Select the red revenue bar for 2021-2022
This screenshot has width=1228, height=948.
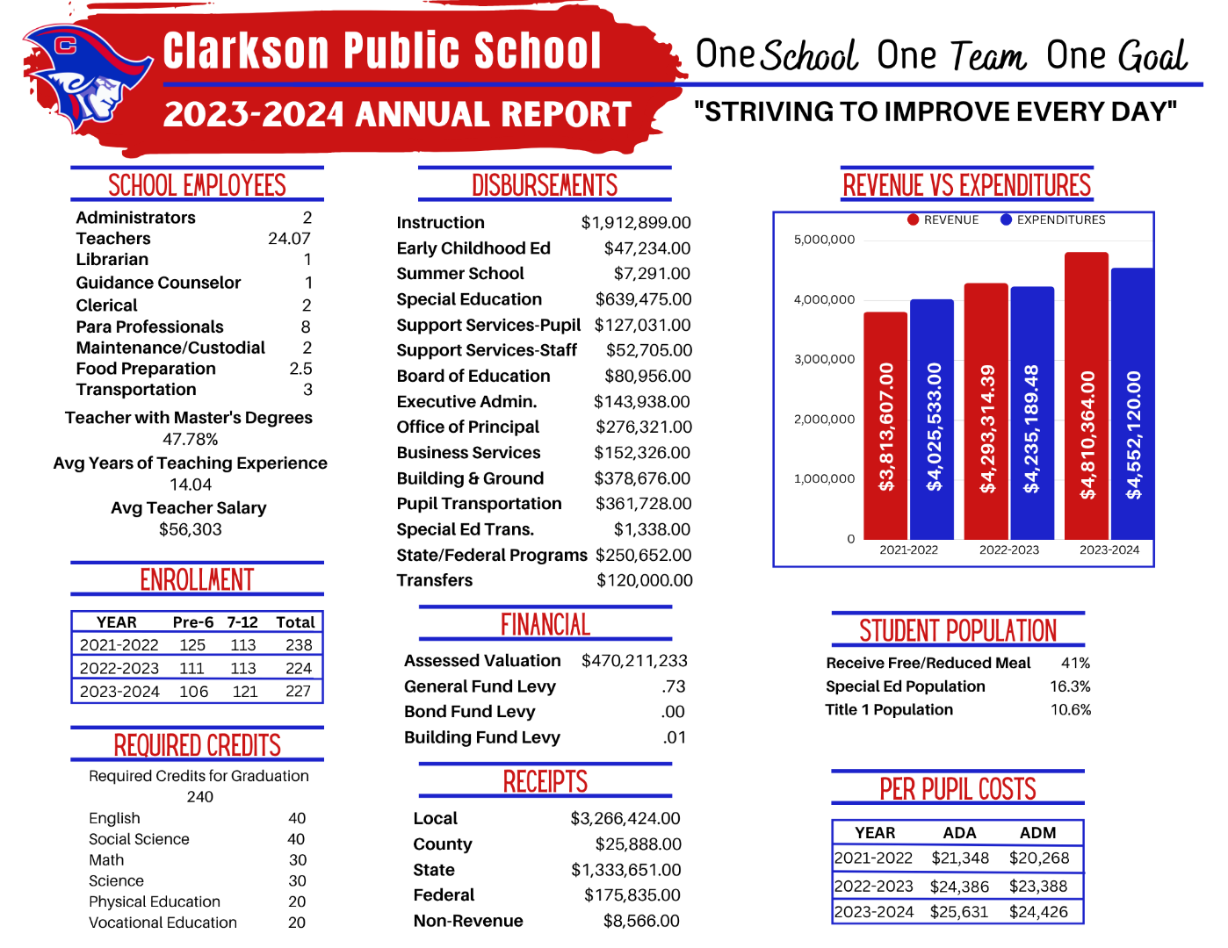[x=885, y=426]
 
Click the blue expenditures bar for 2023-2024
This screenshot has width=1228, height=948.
[x=1132, y=404]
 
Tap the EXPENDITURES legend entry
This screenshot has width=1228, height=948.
[x=1053, y=219]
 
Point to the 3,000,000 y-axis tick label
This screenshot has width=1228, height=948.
[x=824, y=359]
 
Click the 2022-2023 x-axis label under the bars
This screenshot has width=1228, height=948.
[x=1008, y=550]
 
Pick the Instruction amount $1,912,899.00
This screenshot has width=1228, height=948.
[x=636, y=223]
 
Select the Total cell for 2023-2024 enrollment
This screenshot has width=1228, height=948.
[x=298, y=692]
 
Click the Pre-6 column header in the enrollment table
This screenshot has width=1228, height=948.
[x=192, y=622]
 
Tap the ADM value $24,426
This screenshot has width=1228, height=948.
[x=1038, y=912]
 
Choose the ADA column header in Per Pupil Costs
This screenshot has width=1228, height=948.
[x=959, y=833]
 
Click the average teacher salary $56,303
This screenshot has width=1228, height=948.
[x=191, y=529]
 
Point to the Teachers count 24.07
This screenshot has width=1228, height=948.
[x=289, y=239]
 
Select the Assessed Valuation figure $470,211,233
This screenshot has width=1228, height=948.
[x=634, y=661]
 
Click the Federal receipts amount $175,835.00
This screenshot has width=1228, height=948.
[x=632, y=895]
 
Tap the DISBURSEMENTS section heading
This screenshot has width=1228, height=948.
[x=545, y=186]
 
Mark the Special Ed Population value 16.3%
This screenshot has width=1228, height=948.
[x=1070, y=686]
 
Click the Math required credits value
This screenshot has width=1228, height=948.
[x=298, y=860]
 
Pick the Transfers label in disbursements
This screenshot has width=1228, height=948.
[x=435, y=580]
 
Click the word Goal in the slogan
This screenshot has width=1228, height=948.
[x=1153, y=57]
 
